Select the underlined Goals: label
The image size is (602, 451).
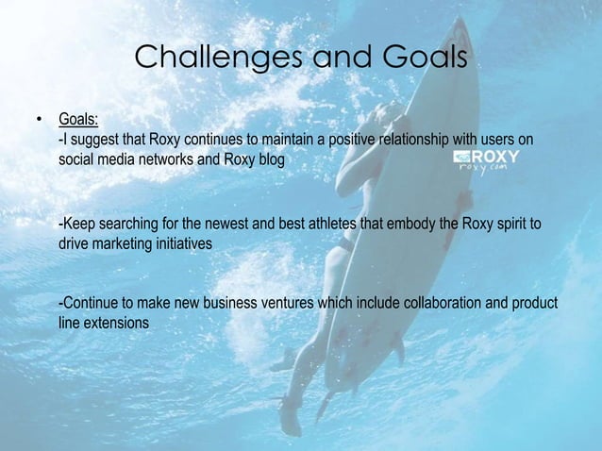tap(79, 121)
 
